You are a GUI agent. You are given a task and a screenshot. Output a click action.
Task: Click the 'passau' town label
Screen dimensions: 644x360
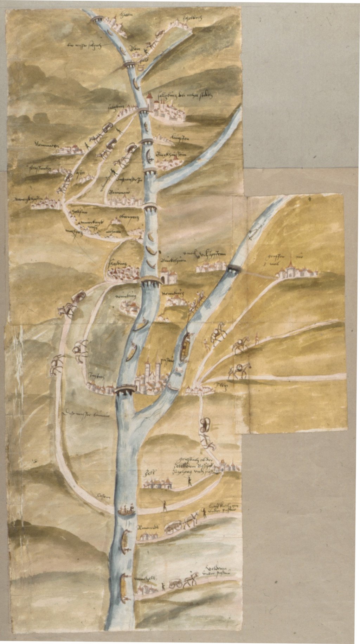pyautogui.click(x=165, y=361)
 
